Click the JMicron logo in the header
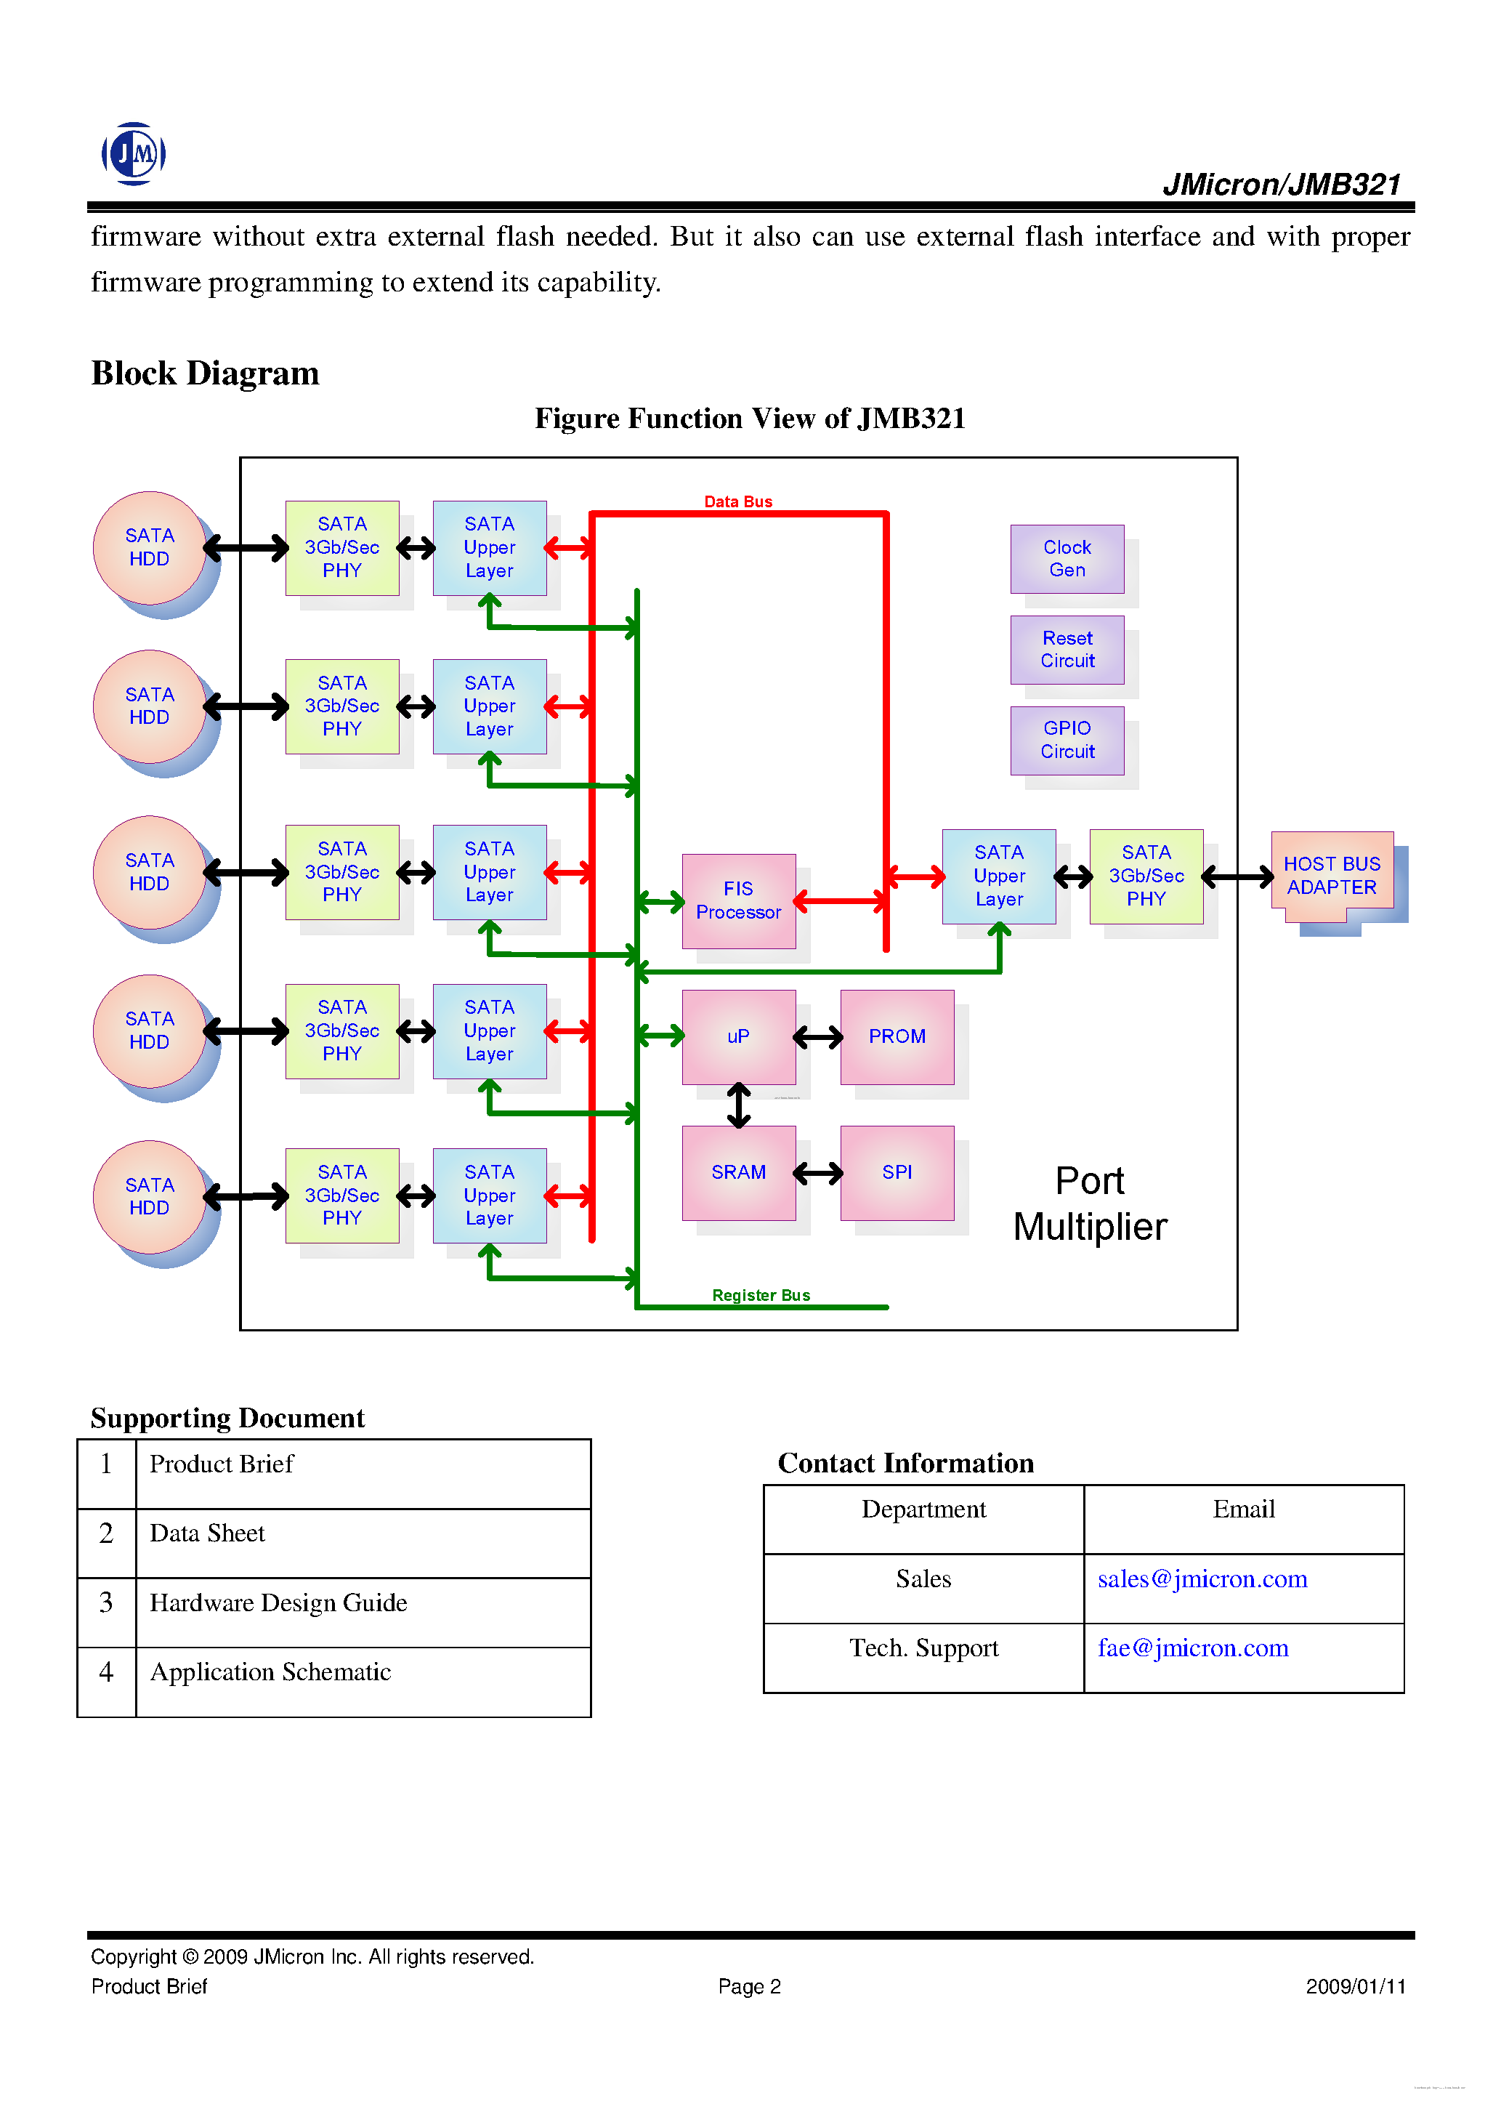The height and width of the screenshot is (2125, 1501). [133, 153]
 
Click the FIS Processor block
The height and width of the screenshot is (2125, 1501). [737, 900]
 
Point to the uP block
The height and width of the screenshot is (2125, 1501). [737, 1036]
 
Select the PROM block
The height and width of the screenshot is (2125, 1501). [896, 1036]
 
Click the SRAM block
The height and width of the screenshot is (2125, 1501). [737, 1173]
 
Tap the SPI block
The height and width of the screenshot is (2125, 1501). [896, 1173]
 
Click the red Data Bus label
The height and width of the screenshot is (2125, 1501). [737, 501]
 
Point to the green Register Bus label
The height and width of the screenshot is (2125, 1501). [760, 1295]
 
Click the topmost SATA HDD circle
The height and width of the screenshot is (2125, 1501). [149, 547]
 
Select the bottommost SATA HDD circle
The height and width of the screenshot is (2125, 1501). [149, 1197]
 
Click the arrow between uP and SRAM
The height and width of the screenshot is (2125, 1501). [737, 1105]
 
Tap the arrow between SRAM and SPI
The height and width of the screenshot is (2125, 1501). [817, 1174]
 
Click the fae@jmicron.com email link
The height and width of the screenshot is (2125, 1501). [1192, 1648]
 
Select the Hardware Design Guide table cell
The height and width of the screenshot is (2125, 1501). [278, 1603]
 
